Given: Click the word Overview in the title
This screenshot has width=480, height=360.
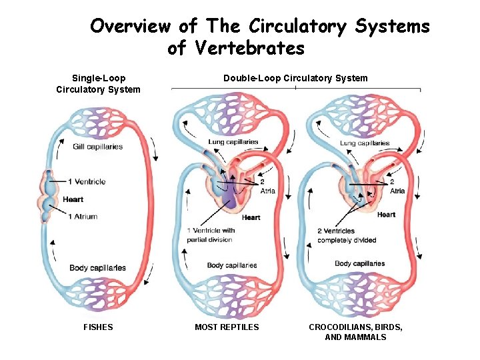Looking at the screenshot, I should [x=130, y=27].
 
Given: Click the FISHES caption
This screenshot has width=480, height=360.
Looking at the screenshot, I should [x=98, y=327].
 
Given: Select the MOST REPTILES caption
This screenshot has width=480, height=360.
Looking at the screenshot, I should [x=227, y=327].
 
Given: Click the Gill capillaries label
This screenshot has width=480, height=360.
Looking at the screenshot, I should [x=98, y=147].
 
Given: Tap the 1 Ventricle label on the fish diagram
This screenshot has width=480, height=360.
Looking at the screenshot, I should [x=87, y=181].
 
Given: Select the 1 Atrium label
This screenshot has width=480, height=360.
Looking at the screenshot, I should [x=83, y=216].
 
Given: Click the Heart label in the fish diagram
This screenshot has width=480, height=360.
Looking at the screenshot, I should [x=73, y=199].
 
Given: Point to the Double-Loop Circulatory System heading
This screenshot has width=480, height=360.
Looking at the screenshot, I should [x=295, y=78].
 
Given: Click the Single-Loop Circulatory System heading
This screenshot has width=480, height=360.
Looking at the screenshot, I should [x=98, y=83].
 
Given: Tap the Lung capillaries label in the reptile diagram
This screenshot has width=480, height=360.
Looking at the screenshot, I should [x=233, y=142].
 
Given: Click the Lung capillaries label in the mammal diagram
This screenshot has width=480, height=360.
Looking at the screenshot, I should [x=365, y=143].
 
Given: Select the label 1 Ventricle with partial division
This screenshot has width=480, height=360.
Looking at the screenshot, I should [x=211, y=235].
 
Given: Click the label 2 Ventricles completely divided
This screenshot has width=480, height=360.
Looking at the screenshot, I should [x=347, y=235].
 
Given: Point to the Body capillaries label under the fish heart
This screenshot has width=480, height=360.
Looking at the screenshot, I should [x=97, y=268].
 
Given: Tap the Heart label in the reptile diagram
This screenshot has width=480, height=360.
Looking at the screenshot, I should [x=251, y=217].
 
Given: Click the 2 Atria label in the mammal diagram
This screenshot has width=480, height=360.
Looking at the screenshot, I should [x=397, y=186].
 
